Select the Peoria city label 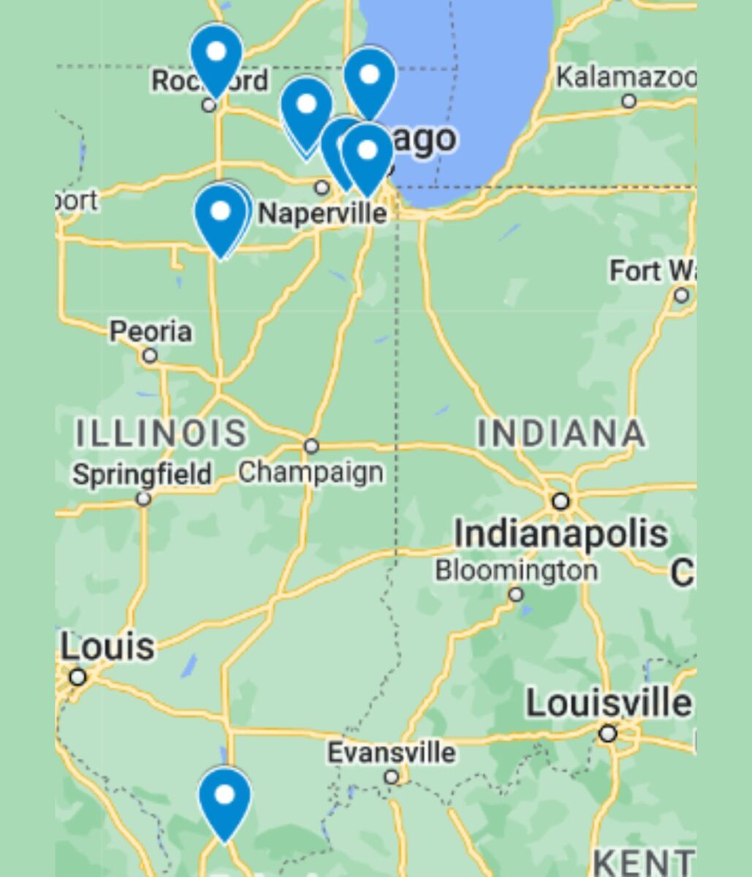pyautogui.click(x=151, y=332)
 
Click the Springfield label pyautogui.click(x=142, y=474)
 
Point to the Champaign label pyautogui.click(x=311, y=472)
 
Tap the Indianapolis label pyautogui.click(x=561, y=534)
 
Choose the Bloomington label pyautogui.click(x=516, y=570)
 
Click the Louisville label pyautogui.click(x=608, y=704)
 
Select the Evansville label pyautogui.click(x=391, y=752)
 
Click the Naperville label pyautogui.click(x=323, y=213)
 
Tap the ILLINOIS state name pyautogui.click(x=162, y=433)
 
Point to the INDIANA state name pyautogui.click(x=561, y=433)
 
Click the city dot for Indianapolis pyautogui.click(x=561, y=501)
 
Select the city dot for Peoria pyautogui.click(x=150, y=356)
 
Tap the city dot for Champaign pyautogui.click(x=311, y=446)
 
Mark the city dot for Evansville pyautogui.click(x=392, y=777)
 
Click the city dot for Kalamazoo pyautogui.click(x=629, y=101)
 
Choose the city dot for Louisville pyautogui.click(x=607, y=733)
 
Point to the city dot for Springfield pyautogui.click(x=144, y=499)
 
